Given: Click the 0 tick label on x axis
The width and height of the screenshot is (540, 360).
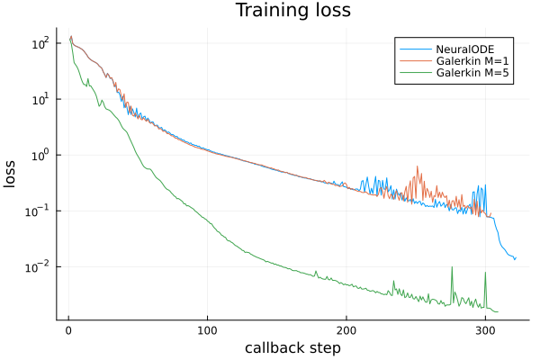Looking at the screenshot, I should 68,329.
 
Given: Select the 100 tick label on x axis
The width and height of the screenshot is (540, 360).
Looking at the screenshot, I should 208,329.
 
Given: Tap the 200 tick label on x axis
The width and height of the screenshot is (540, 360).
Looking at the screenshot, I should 346,329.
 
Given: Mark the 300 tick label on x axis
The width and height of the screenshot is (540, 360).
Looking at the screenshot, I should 486,329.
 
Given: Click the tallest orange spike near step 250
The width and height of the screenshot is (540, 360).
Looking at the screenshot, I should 418,167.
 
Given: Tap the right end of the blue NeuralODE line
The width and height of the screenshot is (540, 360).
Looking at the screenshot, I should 516,257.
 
